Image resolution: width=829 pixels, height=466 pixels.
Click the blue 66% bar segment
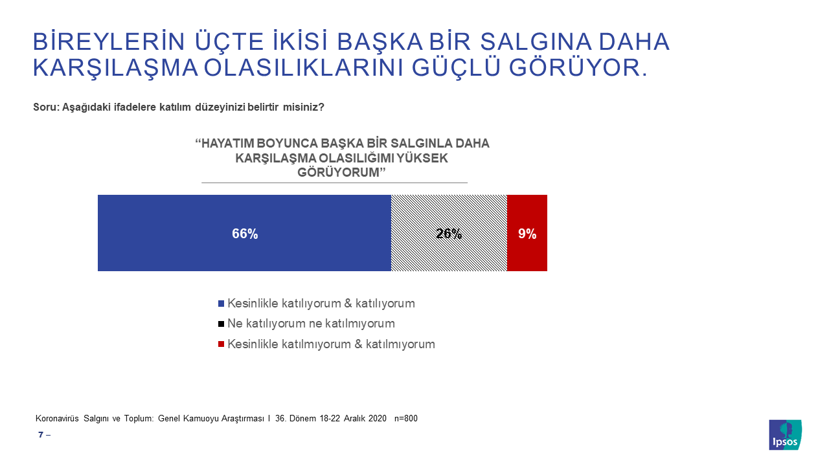244,233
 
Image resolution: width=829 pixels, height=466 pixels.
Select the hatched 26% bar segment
449,233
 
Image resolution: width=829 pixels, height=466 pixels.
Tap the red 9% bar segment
527,233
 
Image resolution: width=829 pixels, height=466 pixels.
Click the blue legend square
221,304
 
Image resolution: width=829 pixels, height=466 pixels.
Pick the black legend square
221,324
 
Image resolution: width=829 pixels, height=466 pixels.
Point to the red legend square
221,344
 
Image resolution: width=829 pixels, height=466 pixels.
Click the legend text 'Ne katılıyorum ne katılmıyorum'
312,324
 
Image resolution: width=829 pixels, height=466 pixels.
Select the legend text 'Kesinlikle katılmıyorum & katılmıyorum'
331,344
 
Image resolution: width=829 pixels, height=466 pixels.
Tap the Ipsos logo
785,434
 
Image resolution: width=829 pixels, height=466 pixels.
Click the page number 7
41,435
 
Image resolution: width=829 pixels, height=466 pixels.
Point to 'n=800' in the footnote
405,419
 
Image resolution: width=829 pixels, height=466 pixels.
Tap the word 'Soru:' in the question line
46,107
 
